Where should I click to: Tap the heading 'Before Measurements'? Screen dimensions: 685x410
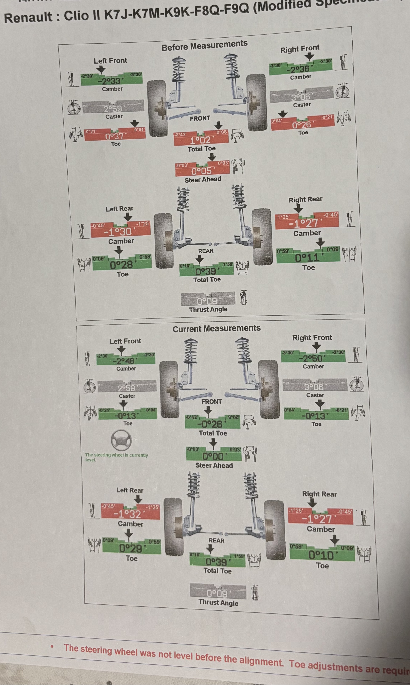204,45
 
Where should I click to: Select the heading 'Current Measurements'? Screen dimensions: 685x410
216,328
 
